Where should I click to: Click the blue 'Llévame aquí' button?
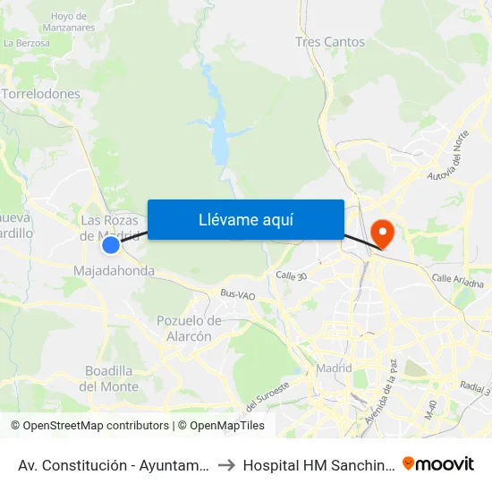point(245,219)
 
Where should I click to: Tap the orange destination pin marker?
point(382,234)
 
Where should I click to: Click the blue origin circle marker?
point(111,245)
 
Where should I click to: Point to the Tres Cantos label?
point(330,42)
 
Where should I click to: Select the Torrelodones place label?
point(41,94)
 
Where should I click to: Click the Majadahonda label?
point(114,270)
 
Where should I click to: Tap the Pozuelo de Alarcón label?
point(189,328)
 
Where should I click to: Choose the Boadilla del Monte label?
point(109,378)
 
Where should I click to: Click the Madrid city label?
point(334,369)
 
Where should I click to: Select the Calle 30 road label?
point(292,276)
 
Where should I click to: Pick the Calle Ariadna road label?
point(457,281)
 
